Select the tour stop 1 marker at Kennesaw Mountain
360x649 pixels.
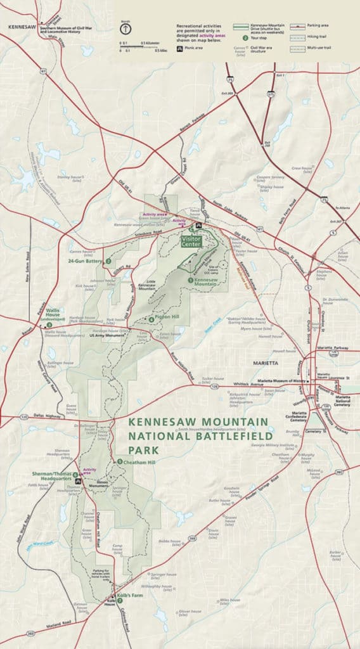pos(190,280)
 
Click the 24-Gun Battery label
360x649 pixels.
pos(87,260)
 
